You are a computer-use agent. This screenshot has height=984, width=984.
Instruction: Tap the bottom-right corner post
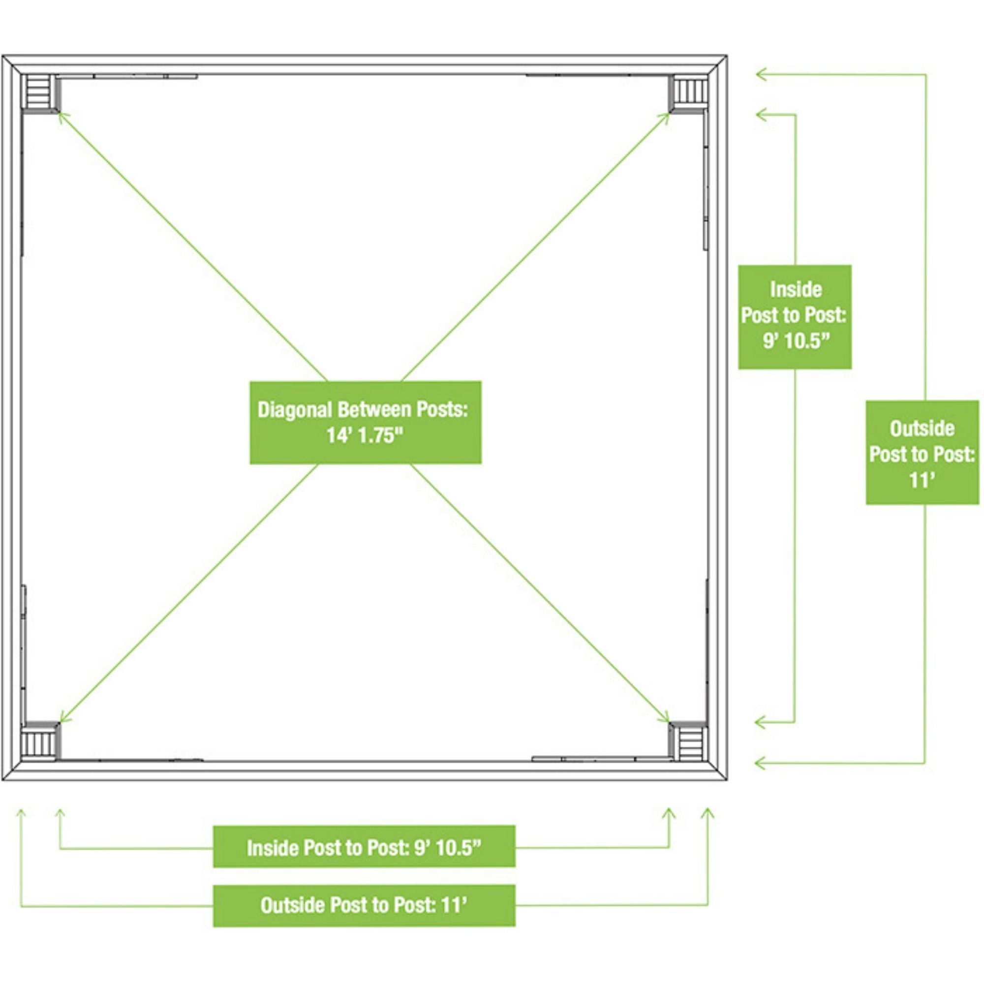pyautogui.click(x=690, y=741)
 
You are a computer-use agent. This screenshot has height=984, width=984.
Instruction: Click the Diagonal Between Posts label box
pyautogui.click(x=365, y=422)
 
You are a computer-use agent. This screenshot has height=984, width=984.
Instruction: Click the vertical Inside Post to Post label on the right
pyautogui.click(x=795, y=316)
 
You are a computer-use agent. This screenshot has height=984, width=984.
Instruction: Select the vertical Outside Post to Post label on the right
pyautogui.click(x=922, y=453)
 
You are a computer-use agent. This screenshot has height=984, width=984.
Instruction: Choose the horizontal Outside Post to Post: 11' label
pyautogui.click(x=364, y=905)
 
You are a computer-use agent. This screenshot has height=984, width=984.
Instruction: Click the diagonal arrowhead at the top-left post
pyautogui.click(x=61, y=116)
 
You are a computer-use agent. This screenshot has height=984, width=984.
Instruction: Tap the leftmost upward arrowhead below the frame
pyautogui.click(x=21, y=812)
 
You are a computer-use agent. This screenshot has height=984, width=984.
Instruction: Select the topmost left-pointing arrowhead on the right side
pyautogui.click(x=759, y=74)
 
